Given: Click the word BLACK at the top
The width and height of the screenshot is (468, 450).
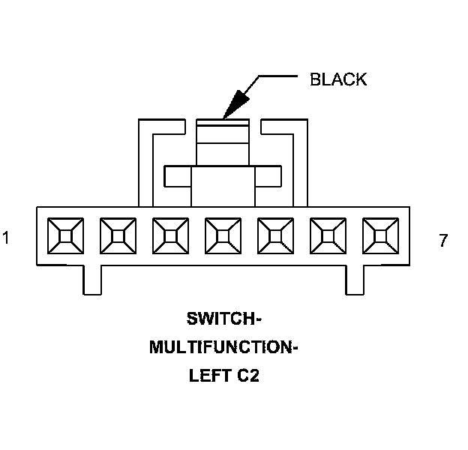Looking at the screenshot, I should pos(338,79).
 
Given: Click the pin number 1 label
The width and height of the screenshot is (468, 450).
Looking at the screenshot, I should pos(6,239).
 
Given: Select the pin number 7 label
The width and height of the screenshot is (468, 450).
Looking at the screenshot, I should pos(443,241).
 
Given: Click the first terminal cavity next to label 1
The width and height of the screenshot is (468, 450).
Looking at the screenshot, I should pos(65,236).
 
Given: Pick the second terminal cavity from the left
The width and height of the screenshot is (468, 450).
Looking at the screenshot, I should pos(118,236).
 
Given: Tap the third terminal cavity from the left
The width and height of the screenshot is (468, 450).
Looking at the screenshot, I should pos(170,236).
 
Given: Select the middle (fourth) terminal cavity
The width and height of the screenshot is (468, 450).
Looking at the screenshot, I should pos(223,236).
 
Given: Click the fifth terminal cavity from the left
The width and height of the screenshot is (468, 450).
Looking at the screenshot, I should pos(275,236).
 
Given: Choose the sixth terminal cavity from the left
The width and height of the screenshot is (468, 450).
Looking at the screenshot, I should pos(328,236).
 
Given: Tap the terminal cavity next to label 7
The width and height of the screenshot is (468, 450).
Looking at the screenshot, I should pos(380,236).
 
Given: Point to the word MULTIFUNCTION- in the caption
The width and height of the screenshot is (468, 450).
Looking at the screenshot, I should pos(223,347).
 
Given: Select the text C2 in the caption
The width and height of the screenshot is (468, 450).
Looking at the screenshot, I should pos(248,376).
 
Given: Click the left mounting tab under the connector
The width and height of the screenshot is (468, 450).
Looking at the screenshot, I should pos(91,280).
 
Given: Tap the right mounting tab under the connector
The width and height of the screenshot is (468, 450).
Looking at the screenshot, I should pos(355,280).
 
